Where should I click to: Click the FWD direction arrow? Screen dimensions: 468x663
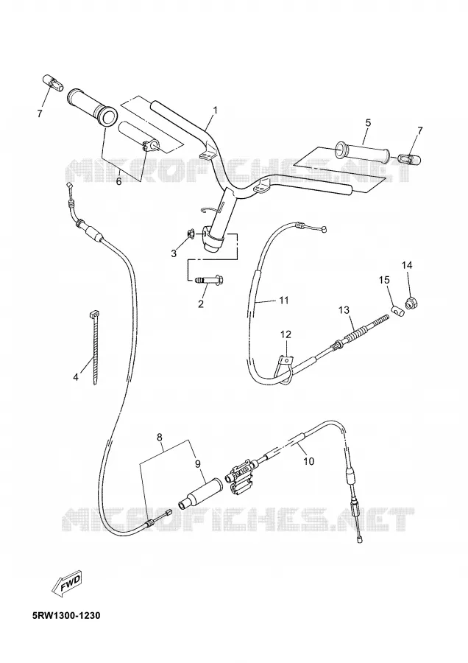[66, 584]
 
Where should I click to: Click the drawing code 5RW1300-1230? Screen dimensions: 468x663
[66, 616]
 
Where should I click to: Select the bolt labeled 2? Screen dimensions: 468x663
[210, 280]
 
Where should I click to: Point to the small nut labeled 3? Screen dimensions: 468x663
[190, 233]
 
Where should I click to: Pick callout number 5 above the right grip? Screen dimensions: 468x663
[368, 122]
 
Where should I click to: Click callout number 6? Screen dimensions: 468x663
[118, 181]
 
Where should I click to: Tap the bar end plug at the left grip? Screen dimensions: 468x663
[54, 82]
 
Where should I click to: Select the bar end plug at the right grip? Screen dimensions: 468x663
[409, 159]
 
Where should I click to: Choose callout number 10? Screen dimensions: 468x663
[309, 460]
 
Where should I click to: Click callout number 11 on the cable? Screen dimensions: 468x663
[283, 301]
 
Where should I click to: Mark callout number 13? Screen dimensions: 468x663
[344, 310]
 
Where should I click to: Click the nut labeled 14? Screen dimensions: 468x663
[409, 303]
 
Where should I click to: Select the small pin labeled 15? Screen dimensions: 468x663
[397, 312]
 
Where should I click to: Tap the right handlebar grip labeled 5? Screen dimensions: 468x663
[363, 154]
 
